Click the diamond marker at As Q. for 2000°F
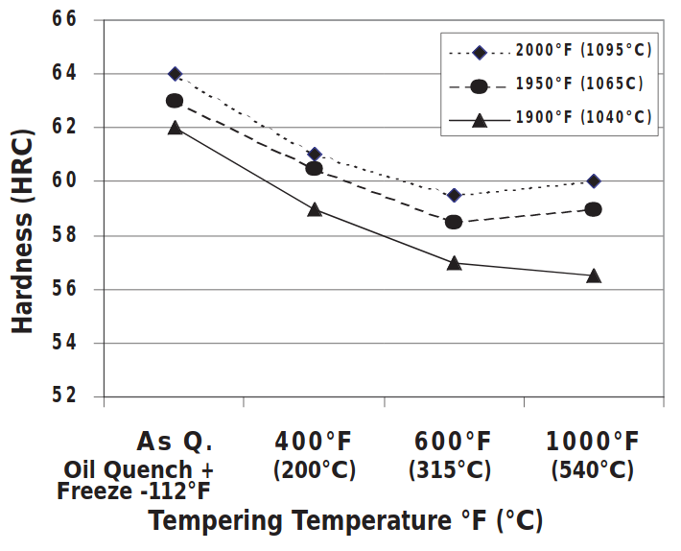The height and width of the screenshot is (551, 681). pyautogui.click(x=175, y=74)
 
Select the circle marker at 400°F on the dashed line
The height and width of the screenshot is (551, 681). pyautogui.click(x=314, y=168)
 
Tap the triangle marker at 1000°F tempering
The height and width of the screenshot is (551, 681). pyautogui.click(x=594, y=275)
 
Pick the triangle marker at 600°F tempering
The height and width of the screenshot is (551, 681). pyautogui.click(x=454, y=262)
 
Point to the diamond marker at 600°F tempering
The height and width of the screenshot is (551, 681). pyautogui.click(x=454, y=195)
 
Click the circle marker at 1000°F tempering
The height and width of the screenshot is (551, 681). pyautogui.click(x=594, y=209)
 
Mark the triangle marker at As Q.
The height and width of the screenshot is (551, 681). pyautogui.click(x=175, y=127)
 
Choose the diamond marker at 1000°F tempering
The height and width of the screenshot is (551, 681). pyautogui.click(x=594, y=181)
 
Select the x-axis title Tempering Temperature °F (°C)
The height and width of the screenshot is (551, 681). pyautogui.click(x=345, y=521)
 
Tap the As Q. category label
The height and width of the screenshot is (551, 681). pyautogui.click(x=175, y=442)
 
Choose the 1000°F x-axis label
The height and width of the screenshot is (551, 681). pyautogui.click(x=592, y=442)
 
